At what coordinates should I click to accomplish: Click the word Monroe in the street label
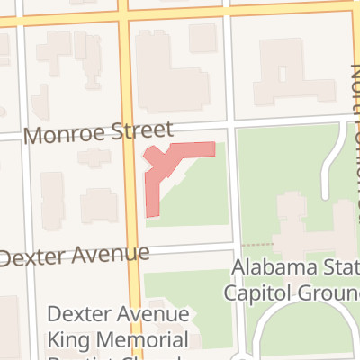click(62, 136)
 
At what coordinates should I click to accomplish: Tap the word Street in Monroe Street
click(136, 132)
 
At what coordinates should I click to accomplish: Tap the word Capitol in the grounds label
click(257, 292)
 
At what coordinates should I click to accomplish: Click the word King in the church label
click(63, 339)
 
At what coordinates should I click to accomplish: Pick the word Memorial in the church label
click(137, 339)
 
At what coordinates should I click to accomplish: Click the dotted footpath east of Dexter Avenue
click(256, 245)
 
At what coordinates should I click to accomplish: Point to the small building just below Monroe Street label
click(94, 158)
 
